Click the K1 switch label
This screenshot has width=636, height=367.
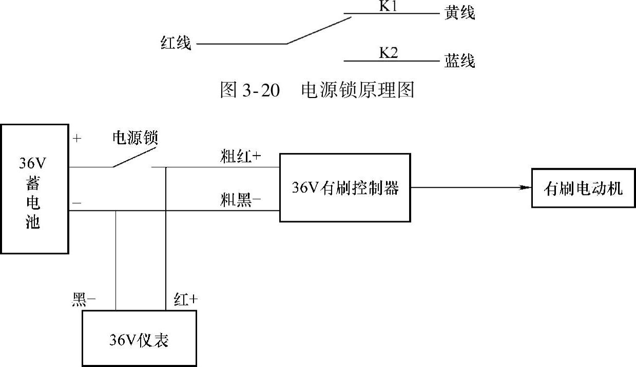click(388, 7)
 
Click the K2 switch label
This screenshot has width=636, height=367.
click(388, 52)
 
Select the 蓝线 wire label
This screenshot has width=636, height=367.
click(459, 61)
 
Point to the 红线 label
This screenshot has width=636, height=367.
click(176, 44)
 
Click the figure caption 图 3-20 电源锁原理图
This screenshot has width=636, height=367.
click(317, 90)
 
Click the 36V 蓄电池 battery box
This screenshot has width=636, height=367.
click(34, 188)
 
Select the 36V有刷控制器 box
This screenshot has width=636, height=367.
click(345, 188)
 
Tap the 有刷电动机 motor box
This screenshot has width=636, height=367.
click(583, 188)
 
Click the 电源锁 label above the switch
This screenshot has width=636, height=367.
click(135, 138)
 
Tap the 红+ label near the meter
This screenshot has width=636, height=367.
click(186, 300)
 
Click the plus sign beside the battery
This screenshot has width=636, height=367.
click(78, 138)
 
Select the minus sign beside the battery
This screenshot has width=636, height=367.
click(77, 203)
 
